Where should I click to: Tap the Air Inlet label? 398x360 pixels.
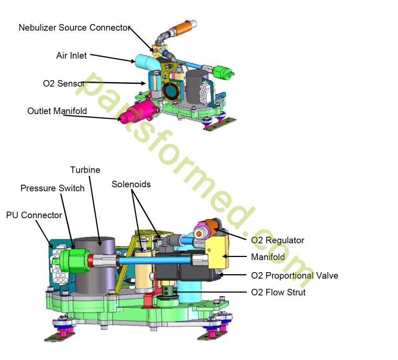tap(72, 55)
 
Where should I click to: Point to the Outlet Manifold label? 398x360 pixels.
tap(57, 111)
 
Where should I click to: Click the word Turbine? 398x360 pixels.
tap(85, 170)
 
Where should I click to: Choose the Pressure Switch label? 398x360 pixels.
tap(52, 188)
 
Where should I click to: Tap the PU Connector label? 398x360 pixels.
tap(34, 215)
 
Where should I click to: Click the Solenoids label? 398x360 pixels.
tap(132, 185)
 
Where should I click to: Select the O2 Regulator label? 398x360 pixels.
tap(277, 240)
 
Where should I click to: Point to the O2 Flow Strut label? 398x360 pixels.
tap(278, 292)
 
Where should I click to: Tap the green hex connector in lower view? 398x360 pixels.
tap(73, 259)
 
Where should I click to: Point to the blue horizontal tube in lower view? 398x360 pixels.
tap(152, 260)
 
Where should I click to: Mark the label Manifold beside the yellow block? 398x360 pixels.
tap(268, 257)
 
